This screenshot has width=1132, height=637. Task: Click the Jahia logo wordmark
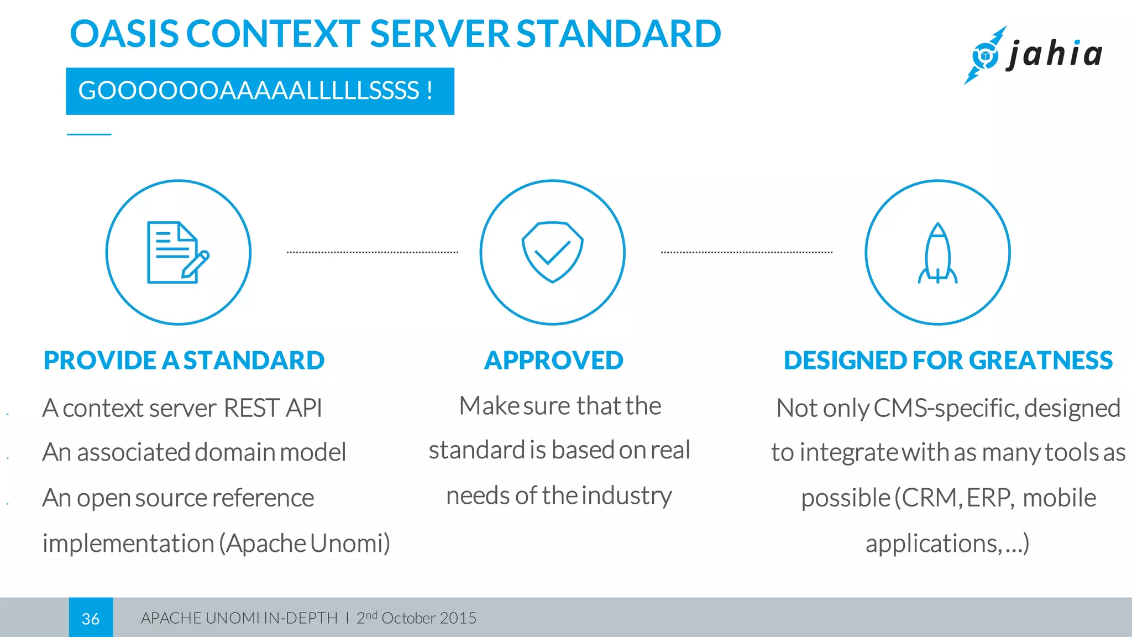[x=1055, y=55]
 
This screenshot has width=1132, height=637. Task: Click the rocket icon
[x=937, y=253]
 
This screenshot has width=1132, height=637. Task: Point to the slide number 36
[x=91, y=618]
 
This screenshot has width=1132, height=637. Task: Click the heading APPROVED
[x=553, y=361]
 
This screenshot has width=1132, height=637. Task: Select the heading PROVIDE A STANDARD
[x=184, y=361]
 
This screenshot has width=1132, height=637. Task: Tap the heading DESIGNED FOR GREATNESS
[x=948, y=361]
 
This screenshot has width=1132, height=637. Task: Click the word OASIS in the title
[x=124, y=34]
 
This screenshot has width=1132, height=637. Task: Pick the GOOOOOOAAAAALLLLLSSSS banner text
[x=255, y=91]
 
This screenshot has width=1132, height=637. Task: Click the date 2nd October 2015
[x=416, y=618]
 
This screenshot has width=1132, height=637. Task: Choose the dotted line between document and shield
[x=372, y=253]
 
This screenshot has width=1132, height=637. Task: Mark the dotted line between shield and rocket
[x=746, y=253]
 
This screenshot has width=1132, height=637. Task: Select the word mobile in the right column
[x=1059, y=498]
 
